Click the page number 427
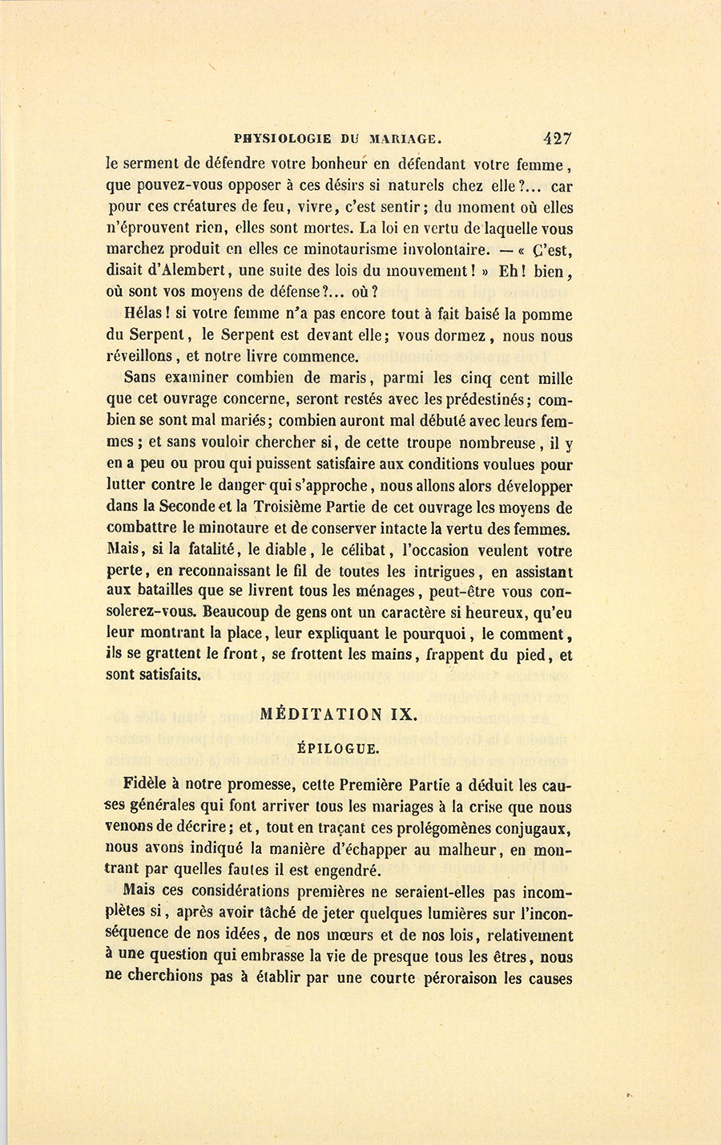pyautogui.click(x=557, y=137)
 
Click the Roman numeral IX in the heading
pyautogui.click(x=404, y=714)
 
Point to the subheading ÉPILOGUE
pyautogui.click(x=337, y=749)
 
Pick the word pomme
pyautogui.click(x=546, y=315)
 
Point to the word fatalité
pyautogui.click(x=198, y=551)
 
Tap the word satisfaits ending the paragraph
pyautogui.click(x=153, y=676)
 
